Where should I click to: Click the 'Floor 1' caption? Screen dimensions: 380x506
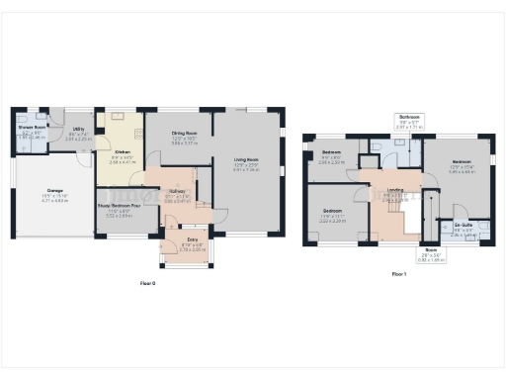pyautogui.click(x=398, y=272)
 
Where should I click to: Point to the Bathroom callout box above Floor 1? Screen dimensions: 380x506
pyautogui.click(x=409, y=122)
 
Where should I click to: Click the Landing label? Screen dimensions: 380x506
pyautogui.click(x=395, y=192)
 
